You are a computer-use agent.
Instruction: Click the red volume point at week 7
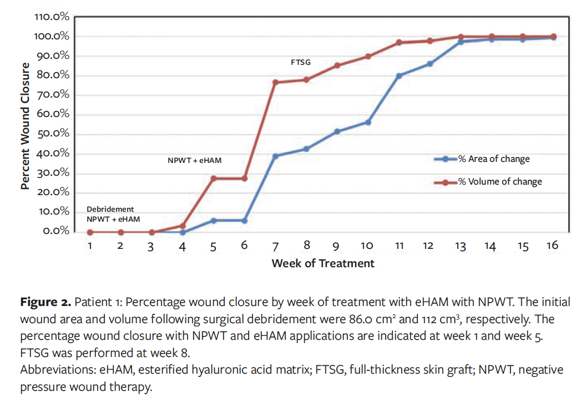pyautogui.click(x=275, y=83)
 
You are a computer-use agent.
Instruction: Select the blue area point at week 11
pyautogui.click(x=399, y=76)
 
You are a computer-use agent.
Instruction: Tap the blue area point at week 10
pyautogui.click(x=368, y=122)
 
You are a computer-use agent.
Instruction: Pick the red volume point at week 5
pyautogui.click(x=213, y=178)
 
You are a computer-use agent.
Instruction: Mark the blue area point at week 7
pyautogui.click(x=275, y=156)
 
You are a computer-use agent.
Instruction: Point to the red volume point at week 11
pyautogui.click(x=399, y=43)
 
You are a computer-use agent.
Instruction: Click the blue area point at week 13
pyautogui.click(x=461, y=42)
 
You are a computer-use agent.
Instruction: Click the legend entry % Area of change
pyautogui.click(x=493, y=159)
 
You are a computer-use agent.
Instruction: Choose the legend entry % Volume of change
pyautogui.click(x=499, y=182)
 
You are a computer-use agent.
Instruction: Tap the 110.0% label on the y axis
pyautogui.click(x=52, y=17)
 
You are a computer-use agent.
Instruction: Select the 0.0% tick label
pyautogui.click(x=55, y=231)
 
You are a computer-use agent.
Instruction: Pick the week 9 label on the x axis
pyautogui.click(x=337, y=246)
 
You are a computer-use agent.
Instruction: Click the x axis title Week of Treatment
pyautogui.click(x=323, y=264)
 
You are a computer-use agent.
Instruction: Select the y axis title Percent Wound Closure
pyautogui.click(x=25, y=126)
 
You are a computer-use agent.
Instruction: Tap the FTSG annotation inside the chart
pyautogui.click(x=300, y=63)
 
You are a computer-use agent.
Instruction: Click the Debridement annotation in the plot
pyautogui.click(x=110, y=209)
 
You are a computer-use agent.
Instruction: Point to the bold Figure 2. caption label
pyautogui.click(x=46, y=303)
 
